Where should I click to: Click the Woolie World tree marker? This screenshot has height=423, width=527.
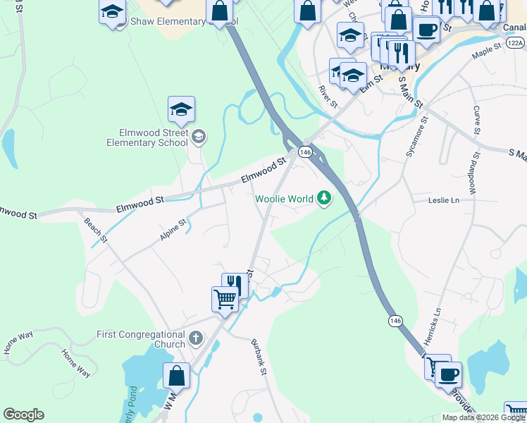[324, 199]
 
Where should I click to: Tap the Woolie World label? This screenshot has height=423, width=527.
[284, 200]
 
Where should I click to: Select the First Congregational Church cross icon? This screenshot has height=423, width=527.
[196, 339]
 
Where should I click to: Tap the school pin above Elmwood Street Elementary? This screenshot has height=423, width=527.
[181, 109]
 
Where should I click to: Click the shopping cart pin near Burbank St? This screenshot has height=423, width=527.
[225, 298]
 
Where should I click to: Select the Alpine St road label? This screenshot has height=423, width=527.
[173, 229]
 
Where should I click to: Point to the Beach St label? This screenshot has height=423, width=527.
[96, 230]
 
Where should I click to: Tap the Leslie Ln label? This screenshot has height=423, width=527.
[444, 200]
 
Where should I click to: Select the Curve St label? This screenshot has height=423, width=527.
[477, 121]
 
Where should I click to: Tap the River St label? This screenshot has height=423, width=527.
[329, 96]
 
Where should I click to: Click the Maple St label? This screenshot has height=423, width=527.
[486, 50]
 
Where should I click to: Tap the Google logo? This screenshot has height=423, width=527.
[23, 415]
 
